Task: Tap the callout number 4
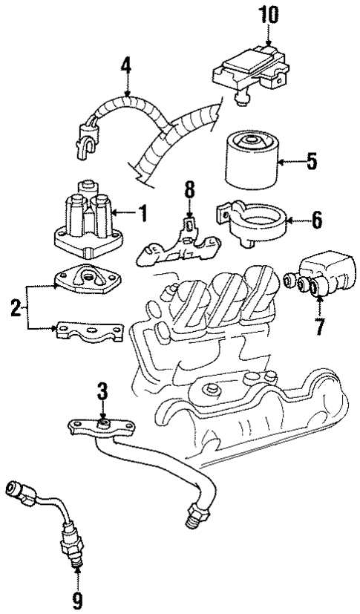pos(127,68)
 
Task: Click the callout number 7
pos(318,324)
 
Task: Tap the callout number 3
pos(103,391)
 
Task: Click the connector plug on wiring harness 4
pos(85,138)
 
